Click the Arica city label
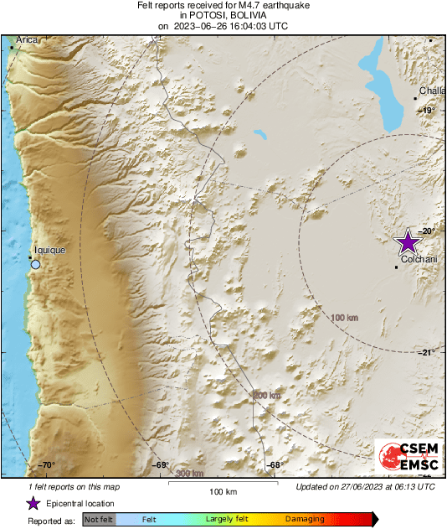tap(26, 39)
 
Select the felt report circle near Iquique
tap(35, 265)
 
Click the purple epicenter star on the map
tap(408, 242)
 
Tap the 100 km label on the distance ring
tap(345, 318)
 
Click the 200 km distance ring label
tap(267, 395)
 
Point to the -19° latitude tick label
tap(427, 111)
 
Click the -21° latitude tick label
tap(427, 352)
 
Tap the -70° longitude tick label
tap(46, 465)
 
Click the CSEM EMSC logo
tap(404, 457)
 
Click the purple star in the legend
tap(33, 503)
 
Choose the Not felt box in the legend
tap(100, 520)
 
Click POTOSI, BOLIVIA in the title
tap(223, 16)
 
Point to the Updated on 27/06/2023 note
tap(365, 486)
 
